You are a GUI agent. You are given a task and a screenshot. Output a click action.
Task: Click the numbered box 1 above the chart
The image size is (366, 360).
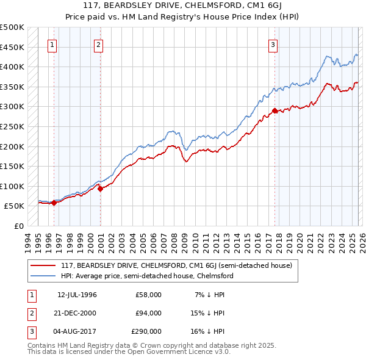click(x=53, y=44)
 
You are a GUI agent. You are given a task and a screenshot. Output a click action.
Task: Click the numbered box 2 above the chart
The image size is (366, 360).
click(x=99, y=44)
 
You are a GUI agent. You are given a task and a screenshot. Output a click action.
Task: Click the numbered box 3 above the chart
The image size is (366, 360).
click(x=273, y=44)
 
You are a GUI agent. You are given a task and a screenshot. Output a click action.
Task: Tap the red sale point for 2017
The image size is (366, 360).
click(x=274, y=110)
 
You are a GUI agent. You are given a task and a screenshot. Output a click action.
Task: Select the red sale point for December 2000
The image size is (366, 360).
click(x=101, y=189)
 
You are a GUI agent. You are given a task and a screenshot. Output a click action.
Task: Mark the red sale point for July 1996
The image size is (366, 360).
click(x=54, y=203)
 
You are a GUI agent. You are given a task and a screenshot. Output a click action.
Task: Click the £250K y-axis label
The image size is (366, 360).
click(x=12, y=126)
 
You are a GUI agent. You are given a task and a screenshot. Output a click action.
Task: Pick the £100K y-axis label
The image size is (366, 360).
click(x=12, y=186)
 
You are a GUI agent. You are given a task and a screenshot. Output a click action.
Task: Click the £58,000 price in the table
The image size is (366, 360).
click(x=148, y=295)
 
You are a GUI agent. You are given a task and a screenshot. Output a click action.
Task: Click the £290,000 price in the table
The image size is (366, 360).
click(x=146, y=331)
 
